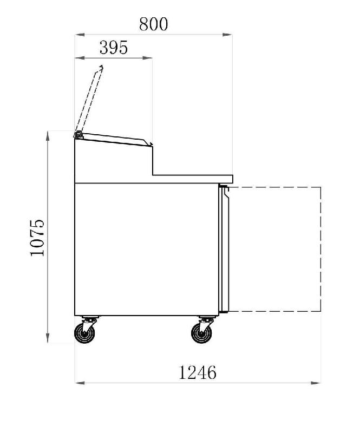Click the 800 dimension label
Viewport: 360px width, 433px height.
click(153, 24)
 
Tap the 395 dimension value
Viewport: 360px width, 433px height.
click(114, 48)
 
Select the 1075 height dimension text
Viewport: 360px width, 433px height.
click(37, 238)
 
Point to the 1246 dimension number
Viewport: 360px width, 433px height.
click(198, 372)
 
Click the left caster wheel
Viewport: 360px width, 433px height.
click(85, 333)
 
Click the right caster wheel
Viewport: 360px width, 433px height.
click(202, 333)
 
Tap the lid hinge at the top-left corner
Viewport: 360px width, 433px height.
click(78, 135)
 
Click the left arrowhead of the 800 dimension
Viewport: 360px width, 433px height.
click(80, 35)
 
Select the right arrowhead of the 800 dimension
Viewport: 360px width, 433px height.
click(227, 35)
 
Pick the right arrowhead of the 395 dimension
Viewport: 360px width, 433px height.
click(148, 58)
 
